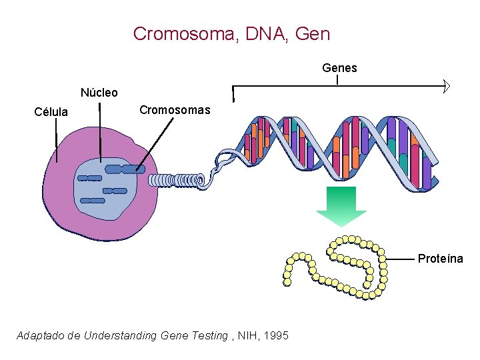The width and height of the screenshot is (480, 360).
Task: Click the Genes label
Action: [x=339, y=68]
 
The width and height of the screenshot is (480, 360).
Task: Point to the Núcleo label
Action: [x=99, y=93]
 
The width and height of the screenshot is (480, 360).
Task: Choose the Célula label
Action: [x=51, y=112]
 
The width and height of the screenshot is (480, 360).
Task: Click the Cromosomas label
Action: [x=174, y=110]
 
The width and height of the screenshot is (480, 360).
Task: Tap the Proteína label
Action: [x=440, y=259]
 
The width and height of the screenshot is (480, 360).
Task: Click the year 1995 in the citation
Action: [x=276, y=336]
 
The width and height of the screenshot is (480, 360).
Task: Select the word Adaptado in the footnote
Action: [x=39, y=336]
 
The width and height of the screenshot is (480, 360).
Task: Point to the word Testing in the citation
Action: [x=209, y=336]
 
